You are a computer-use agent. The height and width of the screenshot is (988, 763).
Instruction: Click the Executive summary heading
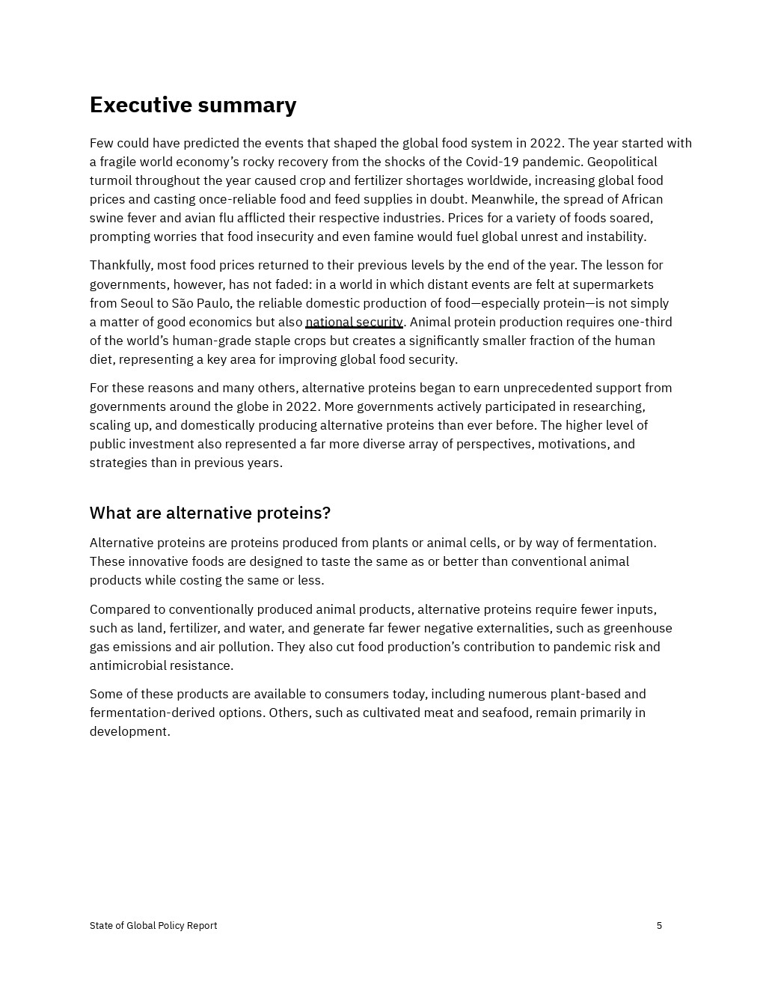[193, 105]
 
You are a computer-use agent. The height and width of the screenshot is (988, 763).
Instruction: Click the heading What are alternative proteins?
[210, 513]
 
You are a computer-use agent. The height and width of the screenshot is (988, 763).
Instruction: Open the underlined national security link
[354, 322]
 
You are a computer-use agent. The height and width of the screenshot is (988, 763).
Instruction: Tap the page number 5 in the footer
[659, 926]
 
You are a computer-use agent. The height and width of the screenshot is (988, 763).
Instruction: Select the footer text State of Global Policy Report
[153, 926]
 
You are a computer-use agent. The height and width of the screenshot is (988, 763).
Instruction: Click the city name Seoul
[137, 303]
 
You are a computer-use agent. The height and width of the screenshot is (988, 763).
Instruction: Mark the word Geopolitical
[622, 162]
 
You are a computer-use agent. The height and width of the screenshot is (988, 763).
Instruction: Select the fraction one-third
[645, 322]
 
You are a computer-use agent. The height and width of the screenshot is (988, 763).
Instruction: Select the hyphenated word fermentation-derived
[176, 713]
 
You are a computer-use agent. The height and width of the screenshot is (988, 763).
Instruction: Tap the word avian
[200, 218]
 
